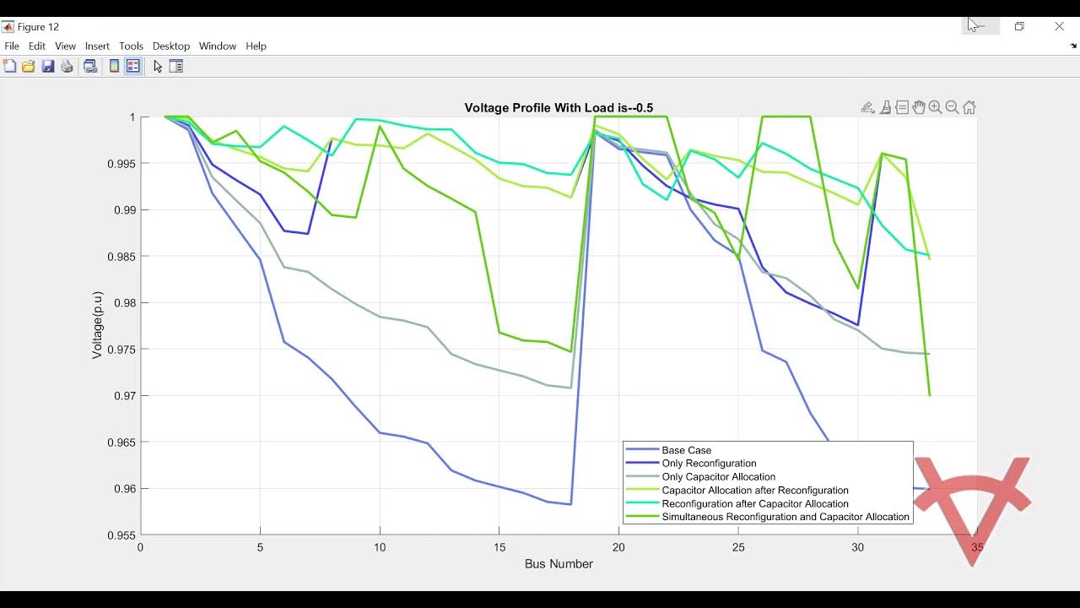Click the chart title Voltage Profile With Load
[559, 108]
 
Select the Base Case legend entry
[686, 450]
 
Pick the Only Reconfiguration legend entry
[709, 464]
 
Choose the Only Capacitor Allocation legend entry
[718, 477]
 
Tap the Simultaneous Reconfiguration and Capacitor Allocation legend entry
[785, 517]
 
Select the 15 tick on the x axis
[499, 547]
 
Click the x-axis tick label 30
[857, 547]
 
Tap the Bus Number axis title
[559, 564]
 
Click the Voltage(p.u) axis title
[98, 325]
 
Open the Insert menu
[97, 46]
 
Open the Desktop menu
[171, 46]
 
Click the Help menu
[256, 46]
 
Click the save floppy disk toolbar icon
[48, 67]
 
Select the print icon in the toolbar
[67, 67]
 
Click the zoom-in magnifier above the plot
[935, 107]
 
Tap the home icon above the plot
[969, 107]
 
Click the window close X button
[1059, 27]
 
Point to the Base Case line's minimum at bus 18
[571, 504]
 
